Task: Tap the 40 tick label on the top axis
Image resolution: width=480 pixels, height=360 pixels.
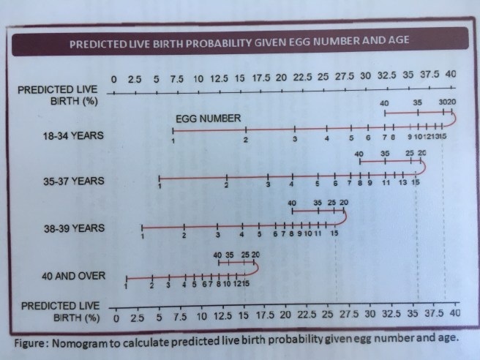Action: click(450, 76)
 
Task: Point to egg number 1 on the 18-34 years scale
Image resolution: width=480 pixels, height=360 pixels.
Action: click(173, 140)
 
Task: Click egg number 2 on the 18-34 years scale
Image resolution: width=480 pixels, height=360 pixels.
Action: click(246, 140)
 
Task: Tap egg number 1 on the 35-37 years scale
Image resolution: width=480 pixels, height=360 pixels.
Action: click(159, 187)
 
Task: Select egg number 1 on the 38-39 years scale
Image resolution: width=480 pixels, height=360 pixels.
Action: click(143, 235)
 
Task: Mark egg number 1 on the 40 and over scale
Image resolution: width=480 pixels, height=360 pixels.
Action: click(126, 285)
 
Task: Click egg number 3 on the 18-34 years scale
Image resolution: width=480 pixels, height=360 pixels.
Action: click(294, 139)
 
